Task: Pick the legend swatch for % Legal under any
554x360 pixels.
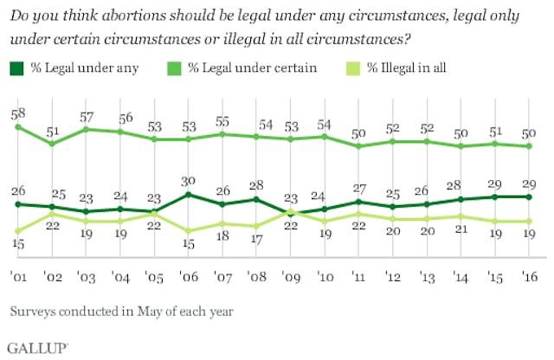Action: tap(17, 67)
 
